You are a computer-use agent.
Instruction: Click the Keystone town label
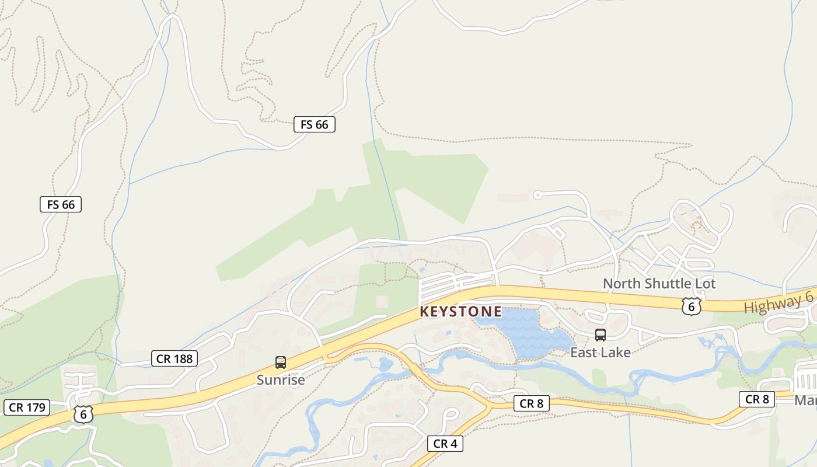coord(460,312)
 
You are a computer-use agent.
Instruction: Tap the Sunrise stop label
coord(281,380)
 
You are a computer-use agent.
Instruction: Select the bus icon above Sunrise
coord(281,363)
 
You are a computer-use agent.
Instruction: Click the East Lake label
coord(600,353)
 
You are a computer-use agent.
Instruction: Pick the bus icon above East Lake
coord(600,335)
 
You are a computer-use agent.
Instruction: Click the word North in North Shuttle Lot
coord(622,284)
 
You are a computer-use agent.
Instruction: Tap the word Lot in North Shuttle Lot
coord(705,284)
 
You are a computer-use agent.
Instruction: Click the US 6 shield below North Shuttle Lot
coord(691,306)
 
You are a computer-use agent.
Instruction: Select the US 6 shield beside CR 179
coord(83,414)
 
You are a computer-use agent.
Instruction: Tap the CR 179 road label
coord(27,407)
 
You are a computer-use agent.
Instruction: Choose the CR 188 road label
coord(174,358)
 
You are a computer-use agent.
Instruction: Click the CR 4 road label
coord(445,444)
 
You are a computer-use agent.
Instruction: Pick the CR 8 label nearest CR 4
coord(531,403)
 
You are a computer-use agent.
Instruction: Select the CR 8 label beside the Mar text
coord(757,399)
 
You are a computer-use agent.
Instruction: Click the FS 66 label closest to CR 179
coord(61,204)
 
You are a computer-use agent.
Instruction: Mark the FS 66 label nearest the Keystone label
coord(314,124)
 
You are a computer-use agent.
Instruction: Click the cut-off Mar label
coord(805,400)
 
